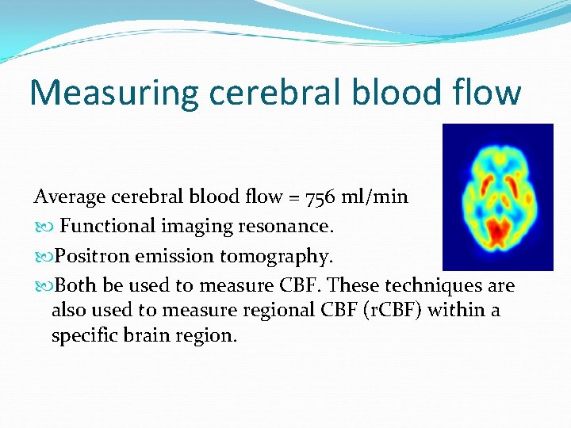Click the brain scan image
tap(497, 197)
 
